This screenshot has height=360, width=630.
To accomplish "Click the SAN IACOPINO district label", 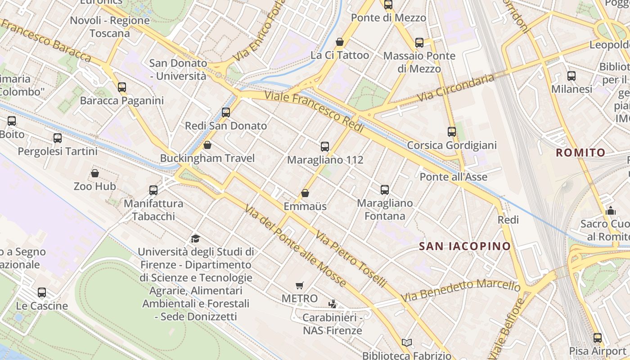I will coord(465,246).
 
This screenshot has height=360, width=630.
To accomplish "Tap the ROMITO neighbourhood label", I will coord(580,153).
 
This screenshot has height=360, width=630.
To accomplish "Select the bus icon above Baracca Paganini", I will coord(122,87).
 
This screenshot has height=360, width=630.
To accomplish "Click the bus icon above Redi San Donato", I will coord(226,112).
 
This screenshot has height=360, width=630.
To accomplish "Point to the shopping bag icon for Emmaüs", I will coord(305,193).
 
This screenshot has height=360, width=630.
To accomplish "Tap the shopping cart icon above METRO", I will coord(300,285).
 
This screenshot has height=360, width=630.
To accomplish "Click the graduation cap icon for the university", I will coord(195,238).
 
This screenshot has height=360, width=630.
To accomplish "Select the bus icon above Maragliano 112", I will coord(325,146).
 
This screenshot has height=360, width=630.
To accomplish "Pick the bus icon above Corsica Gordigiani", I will coord(452,132).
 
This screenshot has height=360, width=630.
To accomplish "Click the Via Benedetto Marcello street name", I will coord(461,290).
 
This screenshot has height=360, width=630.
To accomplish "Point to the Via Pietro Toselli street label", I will coord(351,259).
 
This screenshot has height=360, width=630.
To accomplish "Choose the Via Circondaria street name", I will coord(455,88).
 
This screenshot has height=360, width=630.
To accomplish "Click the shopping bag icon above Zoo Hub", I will coord(95,173).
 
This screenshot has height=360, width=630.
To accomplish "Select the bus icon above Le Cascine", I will coord(42,292).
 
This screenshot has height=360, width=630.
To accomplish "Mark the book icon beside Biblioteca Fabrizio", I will coord(407,343).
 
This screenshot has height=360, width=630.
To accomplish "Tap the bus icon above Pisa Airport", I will coord(597,337).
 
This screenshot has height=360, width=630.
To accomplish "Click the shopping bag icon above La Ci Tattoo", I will coord(340,42).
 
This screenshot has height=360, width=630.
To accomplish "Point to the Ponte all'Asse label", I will coord(453,177).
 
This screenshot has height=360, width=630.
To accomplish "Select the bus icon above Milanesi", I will coord(571,76).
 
